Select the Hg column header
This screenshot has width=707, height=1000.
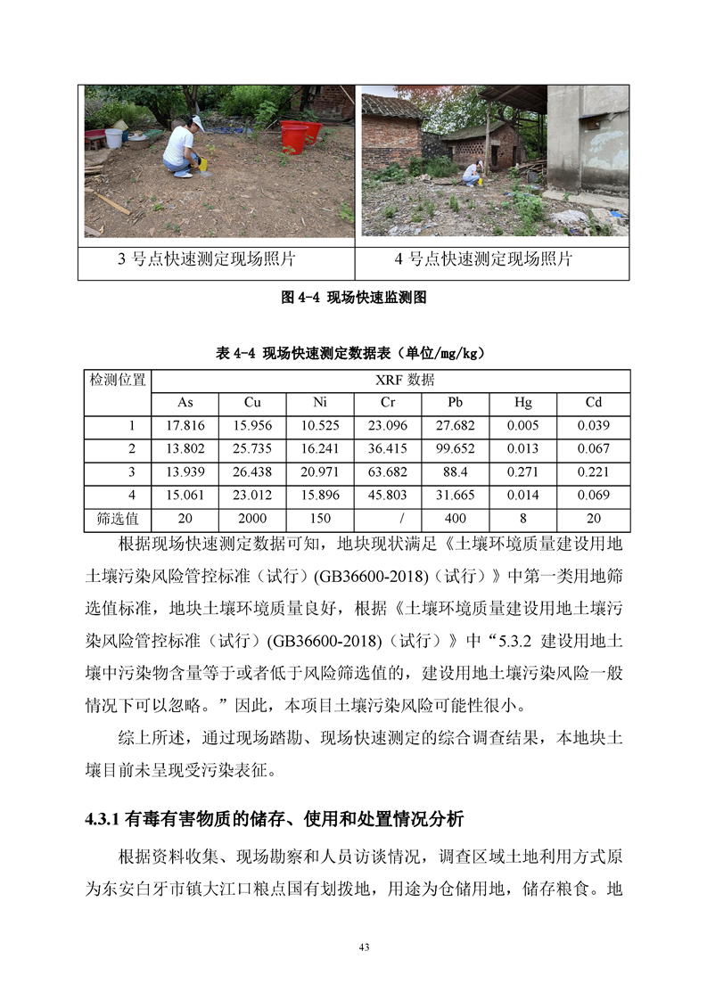tap(523, 402)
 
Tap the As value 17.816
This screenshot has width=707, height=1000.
tap(185, 425)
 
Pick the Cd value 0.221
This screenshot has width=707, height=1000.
tap(594, 471)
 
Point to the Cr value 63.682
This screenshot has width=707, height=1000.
tap(387, 471)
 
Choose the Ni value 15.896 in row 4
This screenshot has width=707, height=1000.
tap(320, 495)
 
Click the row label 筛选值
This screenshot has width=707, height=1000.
tap(118, 518)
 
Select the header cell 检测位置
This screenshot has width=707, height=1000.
tap(118, 381)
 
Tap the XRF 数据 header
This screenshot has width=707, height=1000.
tap(391, 380)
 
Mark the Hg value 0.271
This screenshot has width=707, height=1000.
tap(523, 471)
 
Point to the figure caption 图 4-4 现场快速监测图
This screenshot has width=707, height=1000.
tap(354, 298)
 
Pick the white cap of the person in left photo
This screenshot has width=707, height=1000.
tap(197, 122)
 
